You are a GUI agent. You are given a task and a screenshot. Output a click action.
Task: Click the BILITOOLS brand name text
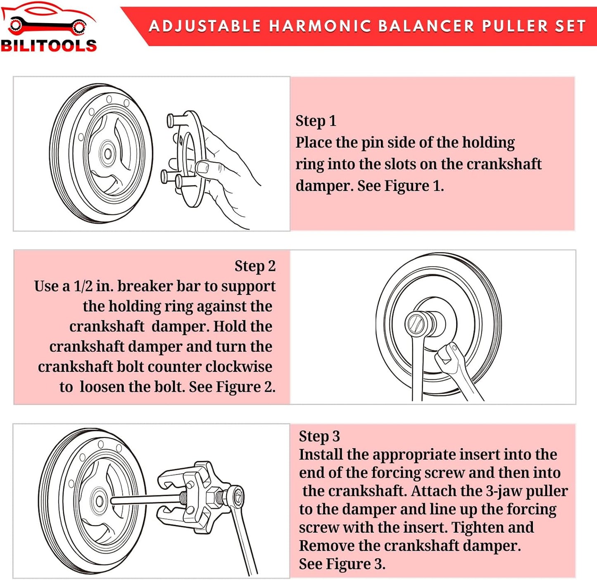(x=49, y=45)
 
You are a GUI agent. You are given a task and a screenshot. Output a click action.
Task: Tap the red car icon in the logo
(x=48, y=19)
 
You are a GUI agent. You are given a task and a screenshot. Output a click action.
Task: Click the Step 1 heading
(x=316, y=121)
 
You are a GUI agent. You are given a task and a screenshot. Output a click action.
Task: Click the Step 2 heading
(x=255, y=266)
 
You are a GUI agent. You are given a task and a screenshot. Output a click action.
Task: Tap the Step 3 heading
(x=319, y=436)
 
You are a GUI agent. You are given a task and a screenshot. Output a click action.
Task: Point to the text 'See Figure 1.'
(x=400, y=186)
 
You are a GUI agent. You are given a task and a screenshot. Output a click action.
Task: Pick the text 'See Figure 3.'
(x=342, y=564)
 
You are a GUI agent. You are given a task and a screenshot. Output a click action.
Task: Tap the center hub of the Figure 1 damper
(x=108, y=154)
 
